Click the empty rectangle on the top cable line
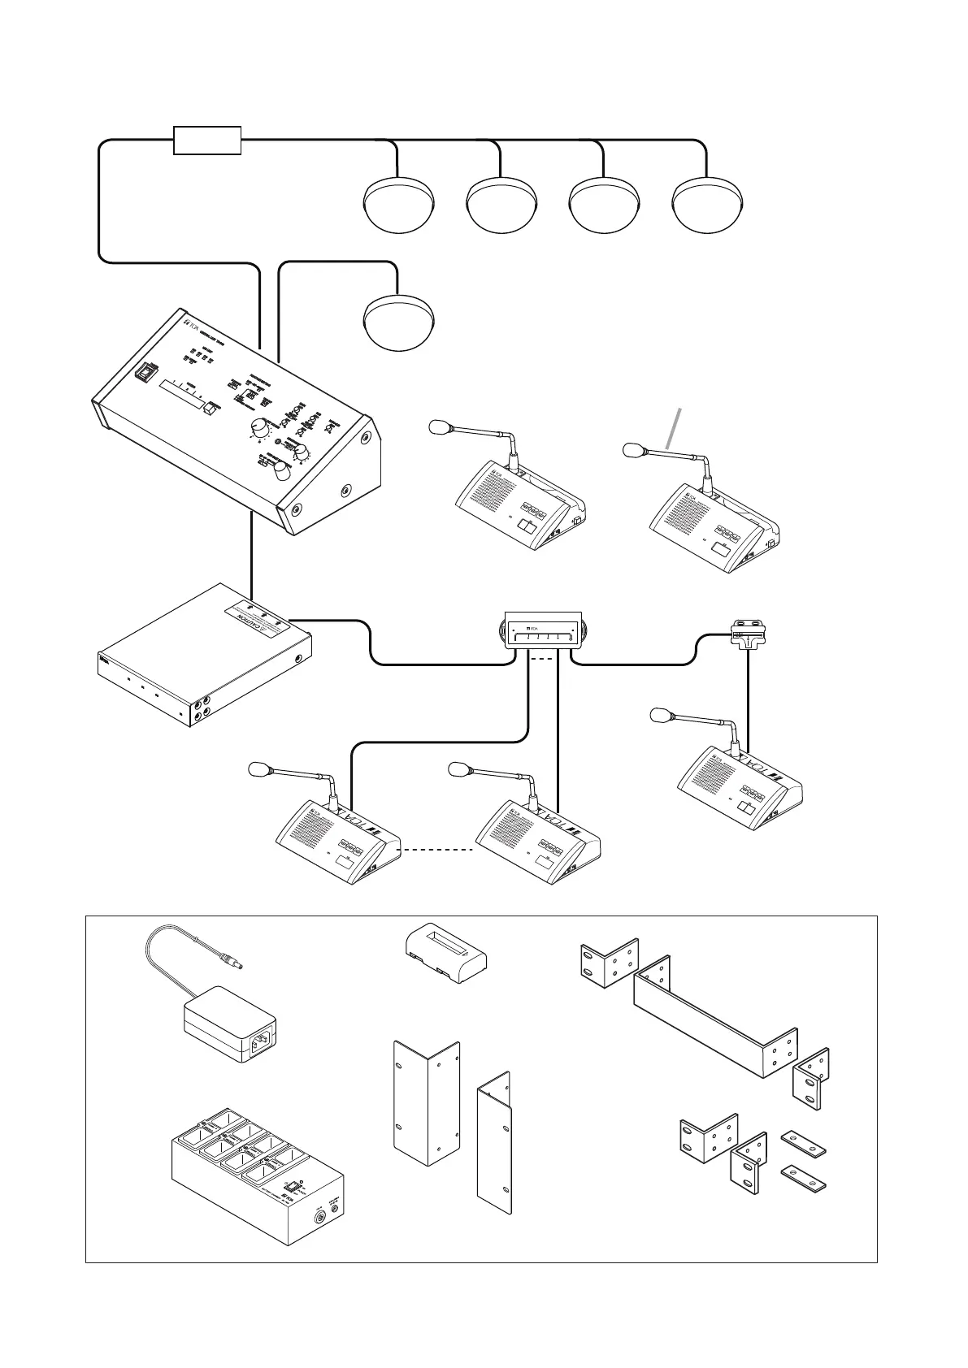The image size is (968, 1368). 207,140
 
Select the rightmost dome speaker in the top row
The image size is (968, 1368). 708,205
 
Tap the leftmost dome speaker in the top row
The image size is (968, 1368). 398,205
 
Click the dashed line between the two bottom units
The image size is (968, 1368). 438,851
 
